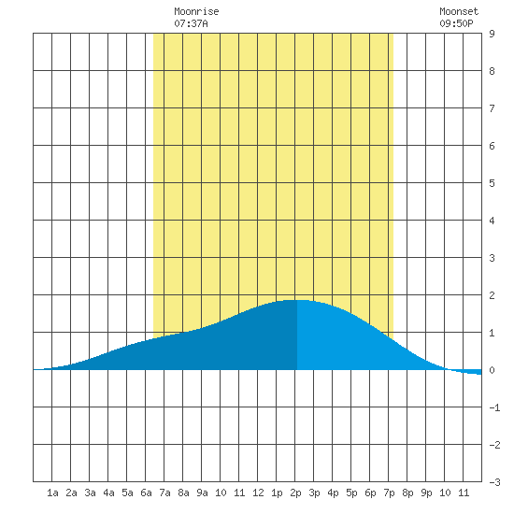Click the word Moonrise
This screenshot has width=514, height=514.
(196, 11)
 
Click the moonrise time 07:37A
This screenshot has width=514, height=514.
(191, 23)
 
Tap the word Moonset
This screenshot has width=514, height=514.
(459, 11)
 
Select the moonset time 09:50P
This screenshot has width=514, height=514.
(456, 23)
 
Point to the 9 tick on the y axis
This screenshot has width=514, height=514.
(492, 34)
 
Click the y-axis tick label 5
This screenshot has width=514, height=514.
(492, 183)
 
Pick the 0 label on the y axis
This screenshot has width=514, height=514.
(492, 370)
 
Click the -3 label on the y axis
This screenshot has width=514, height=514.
(494, 482)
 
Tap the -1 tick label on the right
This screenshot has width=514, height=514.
(494, 407)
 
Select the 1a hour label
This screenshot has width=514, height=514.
(52, 493)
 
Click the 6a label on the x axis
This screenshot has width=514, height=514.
(146, 493)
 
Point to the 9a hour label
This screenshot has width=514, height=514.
(202, 493)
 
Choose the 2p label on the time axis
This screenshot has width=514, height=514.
(295, 493)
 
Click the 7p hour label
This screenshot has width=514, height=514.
(389, 493)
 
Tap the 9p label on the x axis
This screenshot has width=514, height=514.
(426, 493)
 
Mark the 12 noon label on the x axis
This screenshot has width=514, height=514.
(258, 493)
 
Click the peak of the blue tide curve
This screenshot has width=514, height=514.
(296, 300)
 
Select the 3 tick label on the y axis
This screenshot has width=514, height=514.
(492, 258)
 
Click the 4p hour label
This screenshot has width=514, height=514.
(333, 493)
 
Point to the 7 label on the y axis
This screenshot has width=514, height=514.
(492, 108)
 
